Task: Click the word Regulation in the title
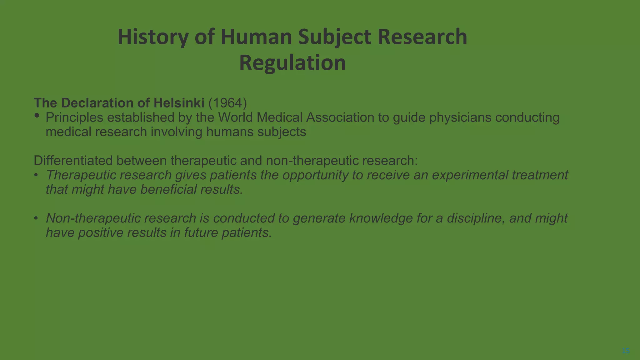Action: [292, 63]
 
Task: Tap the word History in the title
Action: [153, 37]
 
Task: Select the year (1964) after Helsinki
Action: [227, 103]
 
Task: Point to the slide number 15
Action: [626, 351]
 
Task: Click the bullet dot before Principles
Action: [37, 116]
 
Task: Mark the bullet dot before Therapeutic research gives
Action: [36, 175]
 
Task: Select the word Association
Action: [340, 117]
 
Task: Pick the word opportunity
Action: [315, 175]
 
